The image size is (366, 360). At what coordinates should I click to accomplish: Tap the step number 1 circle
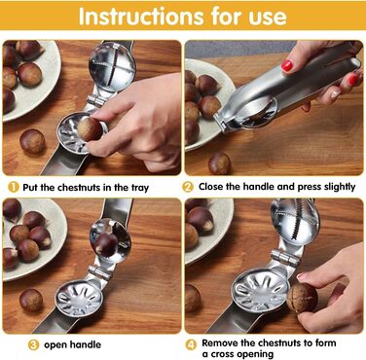click(14, 187)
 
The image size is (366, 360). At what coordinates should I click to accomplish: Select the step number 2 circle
click(188, 187)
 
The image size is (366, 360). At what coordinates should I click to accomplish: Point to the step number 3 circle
click(33, 344)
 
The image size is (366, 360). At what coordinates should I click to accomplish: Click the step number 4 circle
click(191, 344)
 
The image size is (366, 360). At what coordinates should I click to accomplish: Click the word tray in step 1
click(140, 188)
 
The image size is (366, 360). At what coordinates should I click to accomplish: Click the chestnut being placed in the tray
click(90, 129)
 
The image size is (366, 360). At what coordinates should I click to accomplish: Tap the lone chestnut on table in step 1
click(32, 141)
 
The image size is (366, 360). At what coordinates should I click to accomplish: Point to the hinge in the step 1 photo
click(96, 100)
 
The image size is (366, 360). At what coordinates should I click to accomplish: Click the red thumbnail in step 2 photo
click(287, 65)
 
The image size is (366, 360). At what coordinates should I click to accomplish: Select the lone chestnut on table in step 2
click(220, 163)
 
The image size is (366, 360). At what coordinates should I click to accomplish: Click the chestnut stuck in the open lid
click(106, 244)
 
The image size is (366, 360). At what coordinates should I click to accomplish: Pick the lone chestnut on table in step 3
click(31, 300)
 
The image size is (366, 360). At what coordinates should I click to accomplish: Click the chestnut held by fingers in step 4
click(302, 298)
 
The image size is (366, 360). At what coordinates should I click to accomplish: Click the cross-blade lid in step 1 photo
click(112, 62)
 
